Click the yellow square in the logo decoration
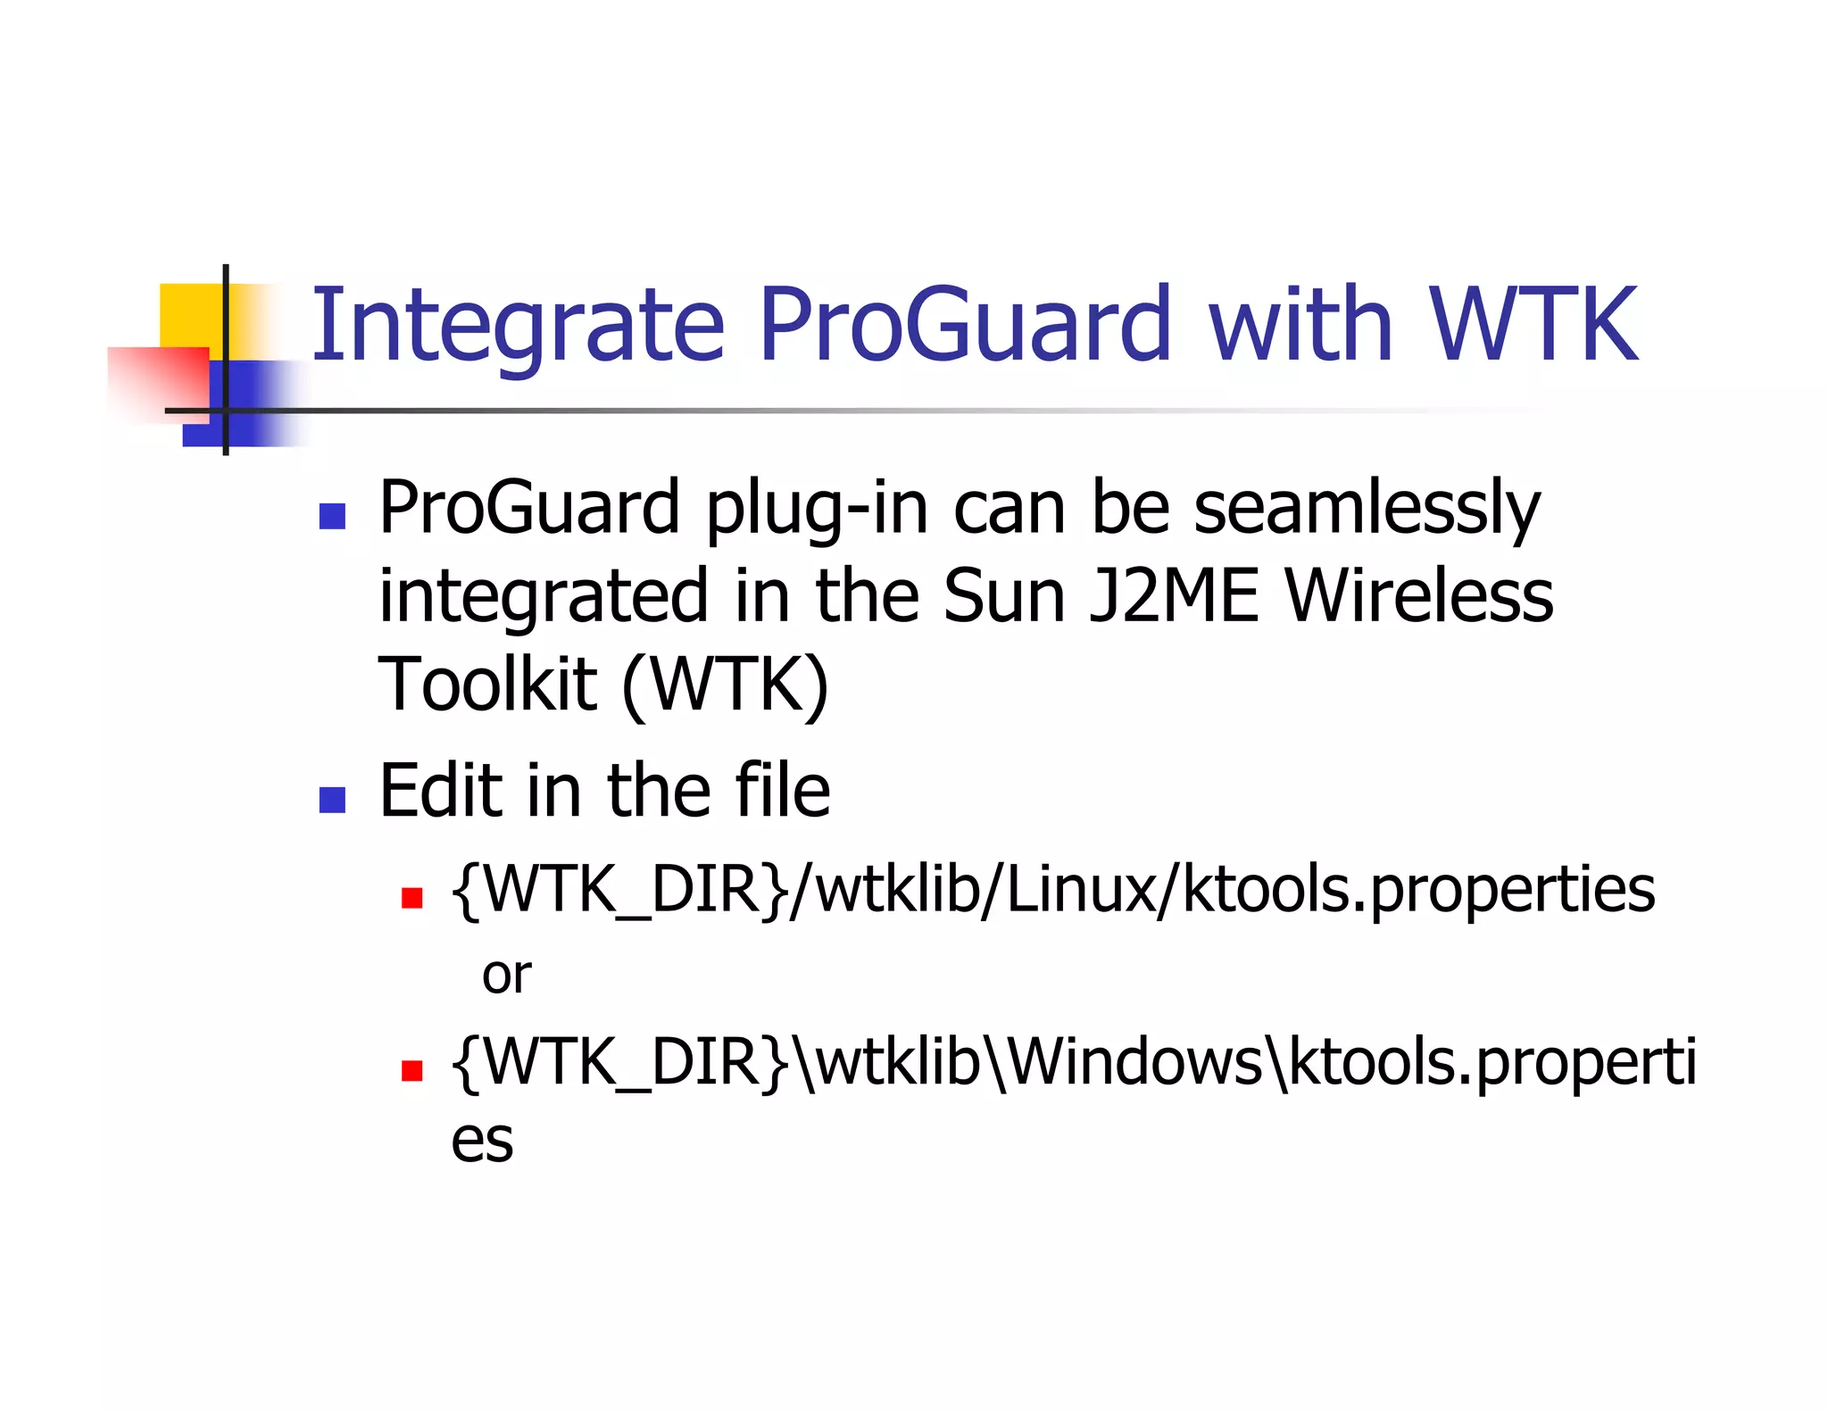click(x=190, y=314)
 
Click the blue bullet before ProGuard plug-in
click(x=332, y=517)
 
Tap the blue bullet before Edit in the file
click(x=332, y=800)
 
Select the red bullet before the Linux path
click(x=411, y=897)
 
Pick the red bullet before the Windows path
click(x=411, y=1069)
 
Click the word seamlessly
click(x=1367, y=509)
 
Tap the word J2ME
click(x=1174, y=596)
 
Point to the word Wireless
click(x=1419, y=596)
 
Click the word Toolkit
click(x=487, y=685)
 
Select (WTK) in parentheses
click(x=725, y=685)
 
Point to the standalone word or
click(x=506, y=976)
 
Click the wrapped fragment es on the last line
click(x=482, y=1142)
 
